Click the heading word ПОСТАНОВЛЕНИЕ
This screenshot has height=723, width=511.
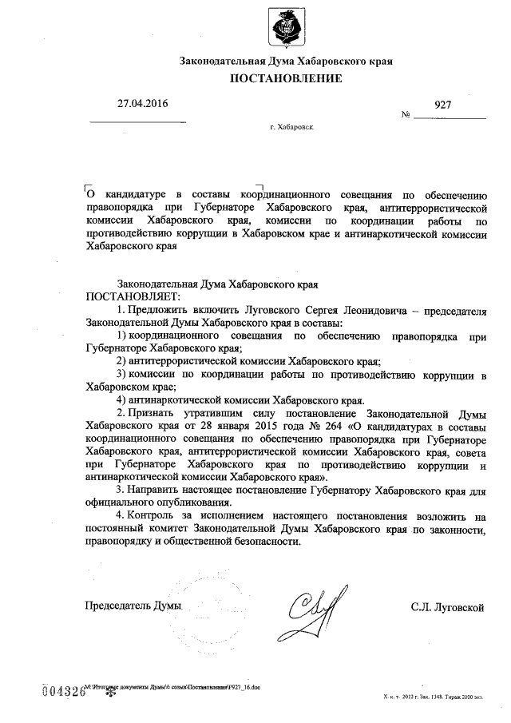(x=287, y=78)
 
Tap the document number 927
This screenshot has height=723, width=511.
(x=443, y=105)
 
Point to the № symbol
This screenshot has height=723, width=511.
(x=406, y=116)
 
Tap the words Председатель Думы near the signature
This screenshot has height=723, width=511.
(x=134, y=608)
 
